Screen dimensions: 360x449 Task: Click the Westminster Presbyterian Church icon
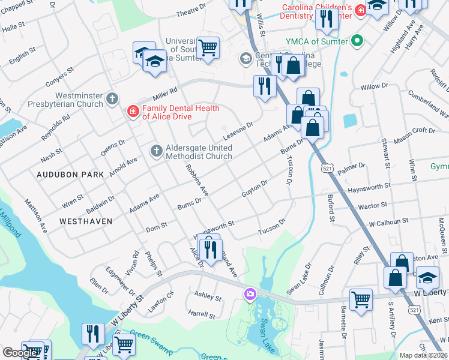[112, 98]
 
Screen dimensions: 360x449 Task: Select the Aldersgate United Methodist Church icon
[156, 150]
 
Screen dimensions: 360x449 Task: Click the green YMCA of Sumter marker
[358, 41]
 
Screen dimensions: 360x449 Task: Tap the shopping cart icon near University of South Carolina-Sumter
[208, 47]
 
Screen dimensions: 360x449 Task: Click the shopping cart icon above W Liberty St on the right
[360, 299]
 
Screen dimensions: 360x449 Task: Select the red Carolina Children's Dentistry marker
[360, 10]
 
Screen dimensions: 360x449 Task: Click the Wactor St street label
[372, 206]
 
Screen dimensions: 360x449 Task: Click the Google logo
[20, 353]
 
